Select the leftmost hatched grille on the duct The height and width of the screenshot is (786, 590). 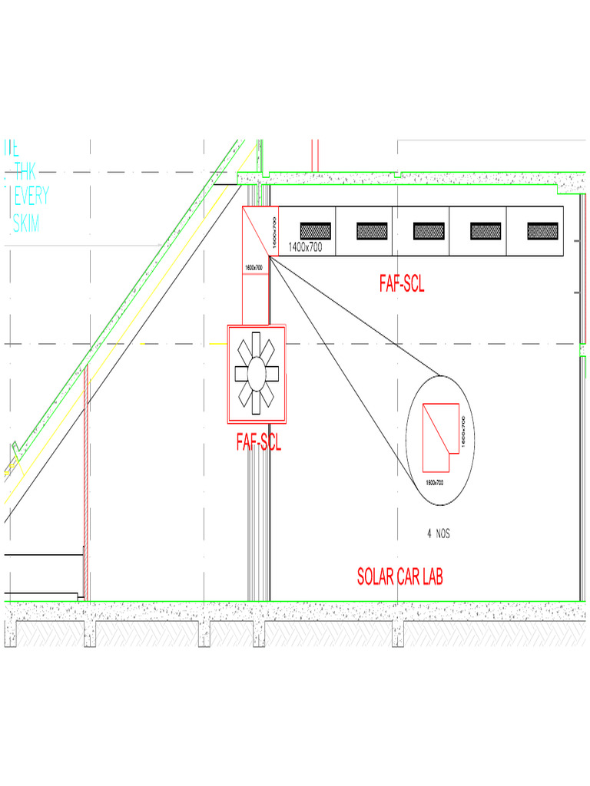click(x=315, y=230)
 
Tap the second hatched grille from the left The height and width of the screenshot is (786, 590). click(x=372, y=230)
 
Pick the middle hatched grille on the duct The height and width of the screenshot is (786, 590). click(x=429, y=230)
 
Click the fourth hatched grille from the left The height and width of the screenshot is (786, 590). click(x=486, y=230)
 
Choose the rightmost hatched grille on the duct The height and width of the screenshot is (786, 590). click(x=542, y=230)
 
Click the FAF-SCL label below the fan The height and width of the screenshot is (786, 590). click(x=259, y=442)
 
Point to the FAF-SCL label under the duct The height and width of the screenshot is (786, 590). click(x=402, y=284)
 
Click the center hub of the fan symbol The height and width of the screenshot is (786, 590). click(x=256, y=373)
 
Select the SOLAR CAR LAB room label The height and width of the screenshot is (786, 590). click(x=399, y=576)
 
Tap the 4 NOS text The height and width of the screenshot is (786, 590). click(x=438, y=533)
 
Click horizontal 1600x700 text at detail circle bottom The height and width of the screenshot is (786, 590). click(x=434, y=482)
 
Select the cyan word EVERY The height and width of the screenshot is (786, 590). click(x=31, y=196)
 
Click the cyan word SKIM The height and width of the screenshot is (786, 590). click(x=26, y=223)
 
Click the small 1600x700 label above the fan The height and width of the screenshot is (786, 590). click(x=254, y=267)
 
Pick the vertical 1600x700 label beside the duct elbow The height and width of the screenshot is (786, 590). click(x=273, y=230)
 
